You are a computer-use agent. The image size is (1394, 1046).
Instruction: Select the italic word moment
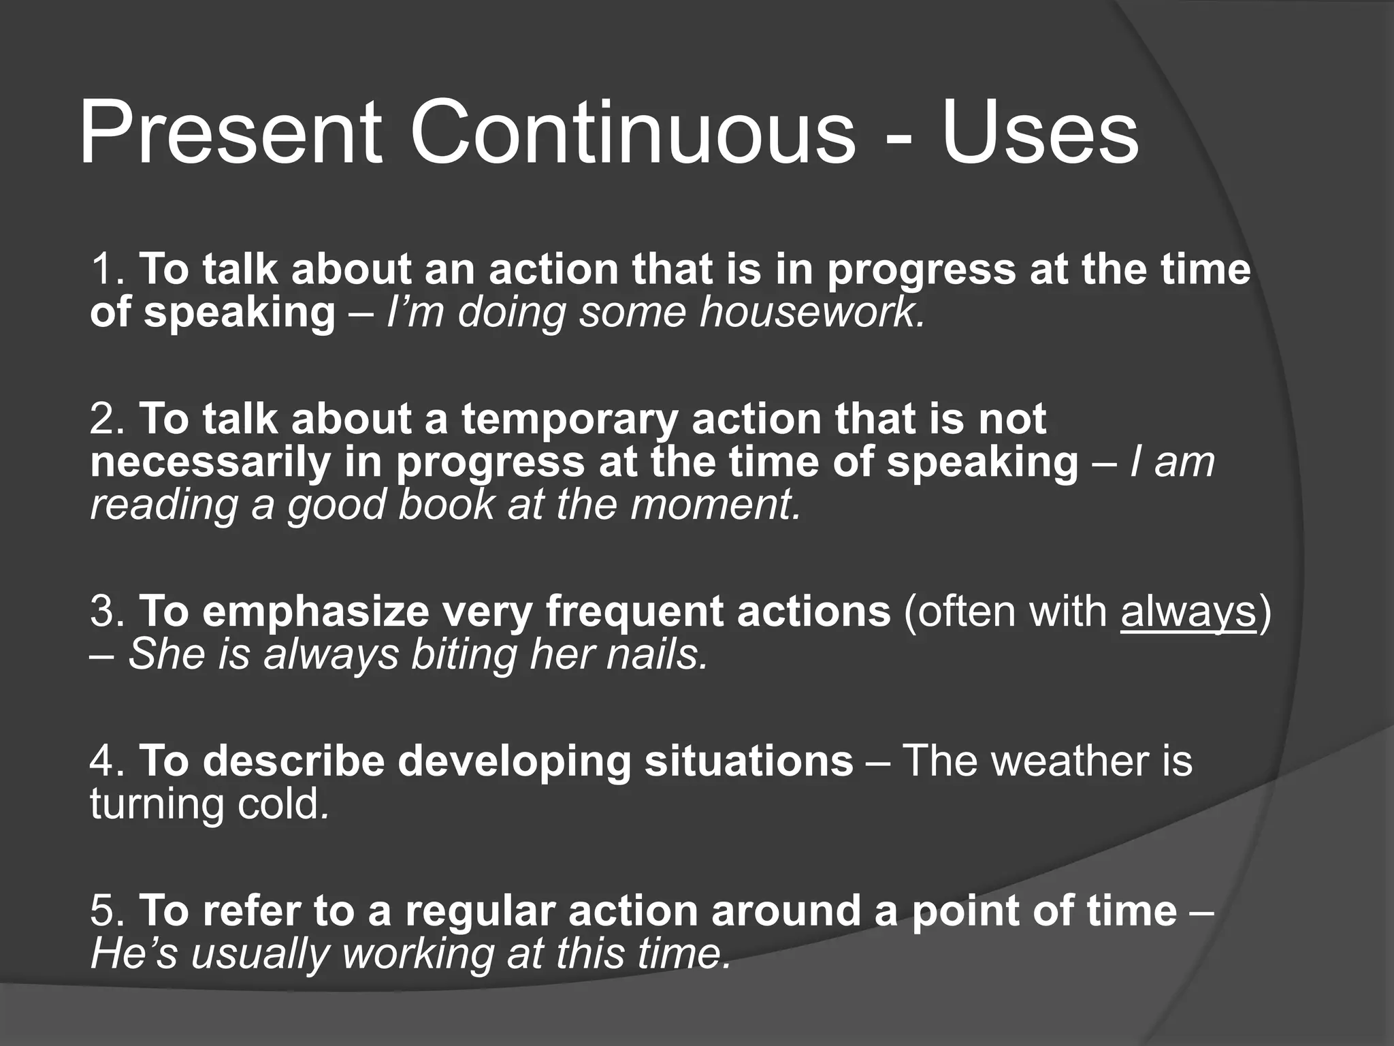pos(715,505)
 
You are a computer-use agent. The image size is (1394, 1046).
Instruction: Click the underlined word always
pos(1188,612)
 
